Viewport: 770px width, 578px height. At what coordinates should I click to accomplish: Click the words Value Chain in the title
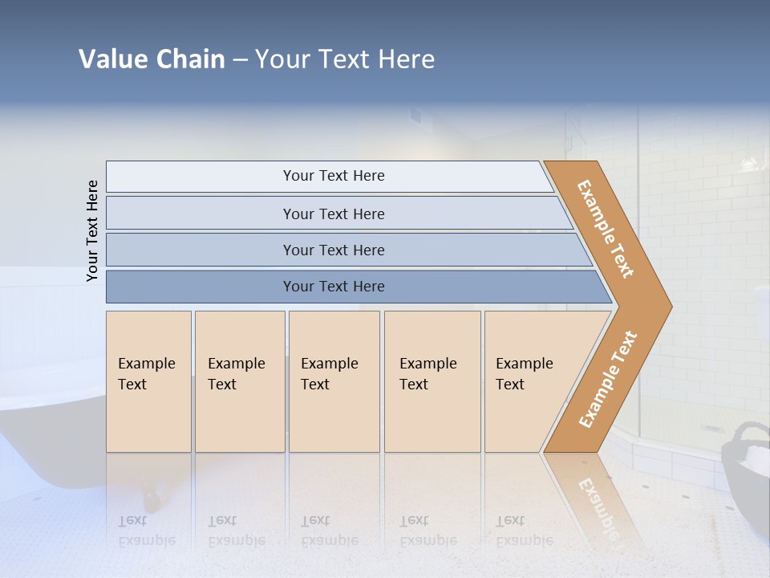[x=152, y=59]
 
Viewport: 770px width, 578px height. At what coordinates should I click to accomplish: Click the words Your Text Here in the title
[x=345, y=59]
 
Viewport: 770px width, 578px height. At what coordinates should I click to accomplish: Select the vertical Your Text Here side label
[x=92, y=230]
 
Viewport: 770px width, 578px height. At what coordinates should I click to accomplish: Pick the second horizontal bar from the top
[x=333, y=214]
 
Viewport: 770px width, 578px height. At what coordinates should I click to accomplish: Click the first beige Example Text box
[x=148, y=381]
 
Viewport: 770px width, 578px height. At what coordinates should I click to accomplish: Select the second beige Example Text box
[x=239, y=381]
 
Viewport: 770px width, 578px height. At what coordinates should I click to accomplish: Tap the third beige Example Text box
[x=334, y=381]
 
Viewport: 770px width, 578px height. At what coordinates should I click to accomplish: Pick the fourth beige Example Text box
[x=432, y=381]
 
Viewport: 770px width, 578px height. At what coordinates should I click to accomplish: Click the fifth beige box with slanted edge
[x=529, y=381]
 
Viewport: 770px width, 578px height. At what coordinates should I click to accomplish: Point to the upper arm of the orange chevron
[x=606, y=229]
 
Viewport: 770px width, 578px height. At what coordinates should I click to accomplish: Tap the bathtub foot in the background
[x=149, y=485]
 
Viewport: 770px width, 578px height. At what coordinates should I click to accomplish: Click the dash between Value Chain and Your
[x=240, y=59]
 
